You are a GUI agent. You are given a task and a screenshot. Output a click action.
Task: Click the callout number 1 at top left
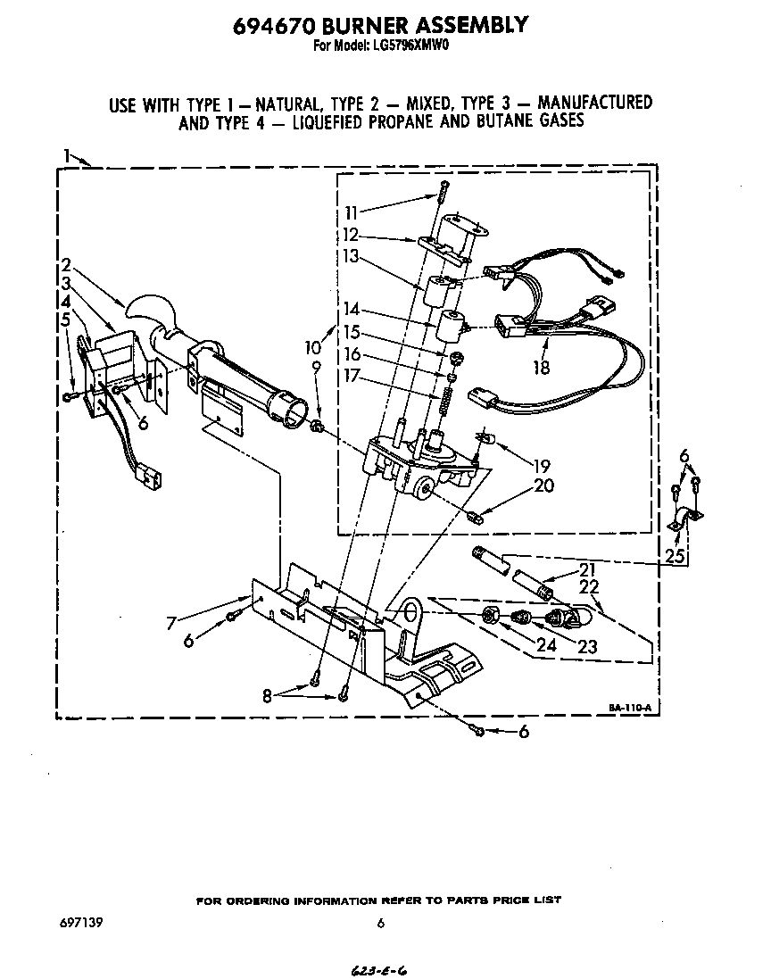click(67, 158)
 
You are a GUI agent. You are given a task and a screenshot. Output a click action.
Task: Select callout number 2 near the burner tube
click(66, 265)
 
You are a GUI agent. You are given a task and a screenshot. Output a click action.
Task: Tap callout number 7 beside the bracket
click(170, 624)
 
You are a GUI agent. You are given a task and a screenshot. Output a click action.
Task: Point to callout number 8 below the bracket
click(267, 696)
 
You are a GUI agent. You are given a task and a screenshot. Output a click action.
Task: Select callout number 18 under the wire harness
click(540, 367)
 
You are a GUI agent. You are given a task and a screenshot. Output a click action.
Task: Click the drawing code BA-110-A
click(630, 707)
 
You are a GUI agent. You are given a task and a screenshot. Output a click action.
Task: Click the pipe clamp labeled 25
click(684, 519)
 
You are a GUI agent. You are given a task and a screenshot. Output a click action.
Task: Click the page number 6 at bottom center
click(381, 924)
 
